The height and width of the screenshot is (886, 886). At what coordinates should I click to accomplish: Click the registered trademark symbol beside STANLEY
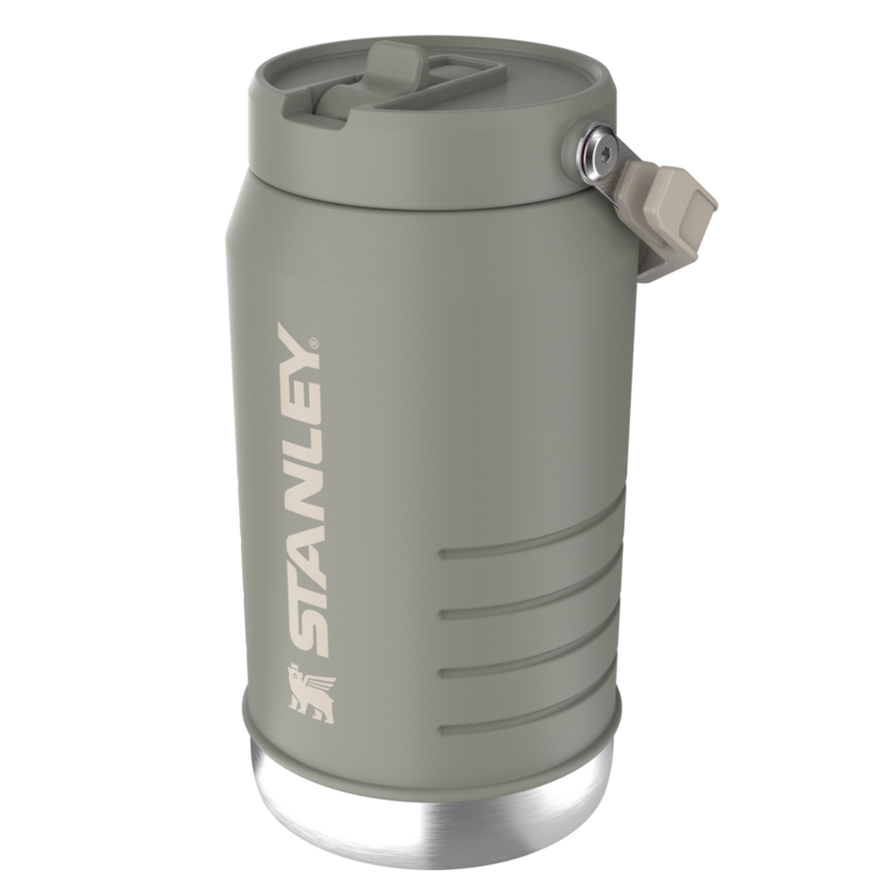pyautogui.click(x=312, y=341)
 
